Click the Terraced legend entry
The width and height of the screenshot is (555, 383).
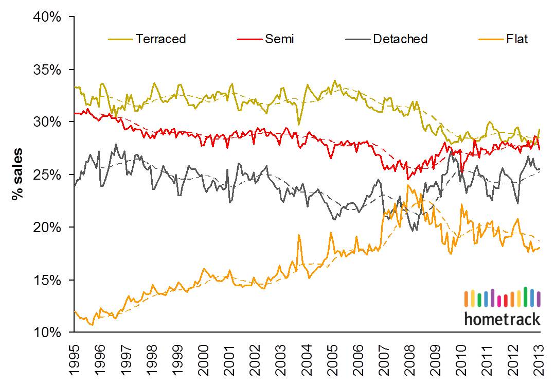click(160, 39)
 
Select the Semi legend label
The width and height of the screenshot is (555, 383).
click(279, 39)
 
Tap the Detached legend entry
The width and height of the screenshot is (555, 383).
click(400, 39)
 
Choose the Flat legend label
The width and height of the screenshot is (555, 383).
click(517, 39)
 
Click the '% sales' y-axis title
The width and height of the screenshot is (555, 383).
click(17, 174)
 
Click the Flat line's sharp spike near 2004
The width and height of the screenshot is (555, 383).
click(299, 235)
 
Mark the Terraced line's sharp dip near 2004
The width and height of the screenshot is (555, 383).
click(299, 125)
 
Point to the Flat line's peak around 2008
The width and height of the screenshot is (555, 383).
click(408, 185)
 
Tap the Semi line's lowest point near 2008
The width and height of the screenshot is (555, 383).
click(407, 179)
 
